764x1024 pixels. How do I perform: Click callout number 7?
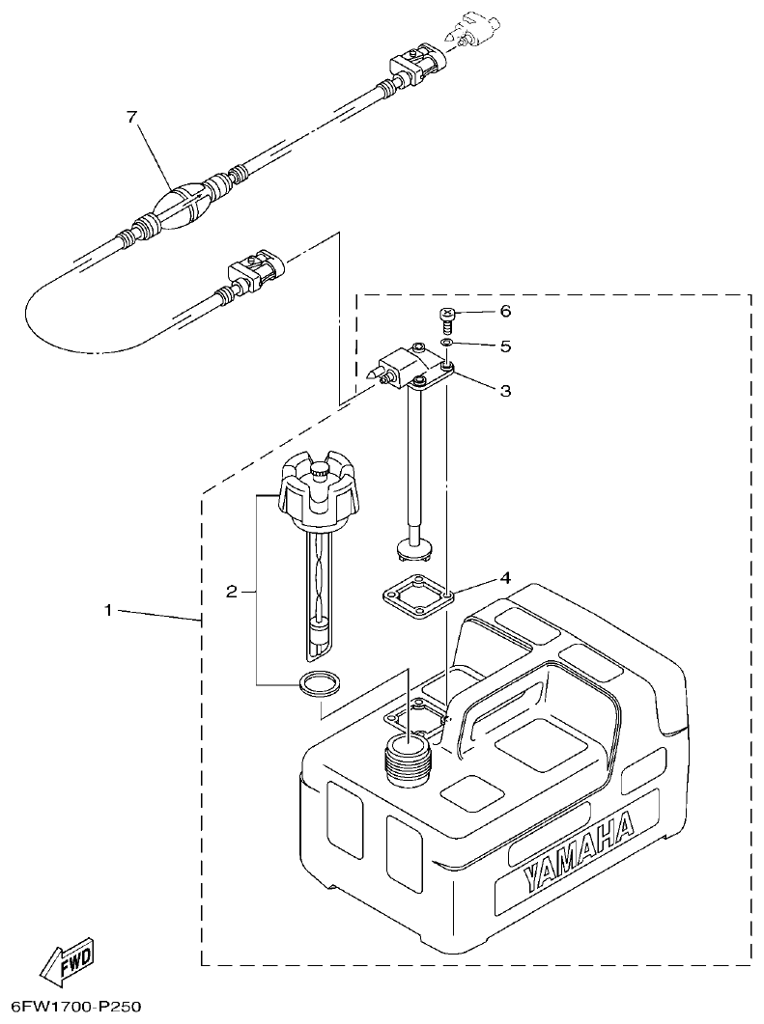coord(132,117)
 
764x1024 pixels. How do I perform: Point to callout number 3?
coord(505,391)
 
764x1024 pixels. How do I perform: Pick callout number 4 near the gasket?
coord(505,579)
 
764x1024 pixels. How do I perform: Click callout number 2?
coord(231,591)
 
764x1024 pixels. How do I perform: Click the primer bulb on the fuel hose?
coord(184,208)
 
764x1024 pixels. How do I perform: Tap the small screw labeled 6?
coord(447,317)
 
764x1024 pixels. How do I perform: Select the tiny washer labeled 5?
coord(447,343)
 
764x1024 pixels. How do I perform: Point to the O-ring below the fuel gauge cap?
coord(320,683)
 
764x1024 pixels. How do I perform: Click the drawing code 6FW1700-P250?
coord(72,1007)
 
